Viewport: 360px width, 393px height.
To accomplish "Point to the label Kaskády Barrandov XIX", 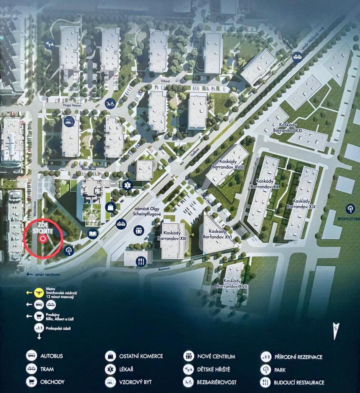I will (301, 204).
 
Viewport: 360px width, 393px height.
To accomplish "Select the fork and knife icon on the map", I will (141, 261).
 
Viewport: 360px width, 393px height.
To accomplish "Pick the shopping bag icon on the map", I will (110, 207).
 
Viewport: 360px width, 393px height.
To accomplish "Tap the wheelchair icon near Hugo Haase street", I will (110, 104).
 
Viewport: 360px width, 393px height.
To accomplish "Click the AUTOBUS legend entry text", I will (51, 356).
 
